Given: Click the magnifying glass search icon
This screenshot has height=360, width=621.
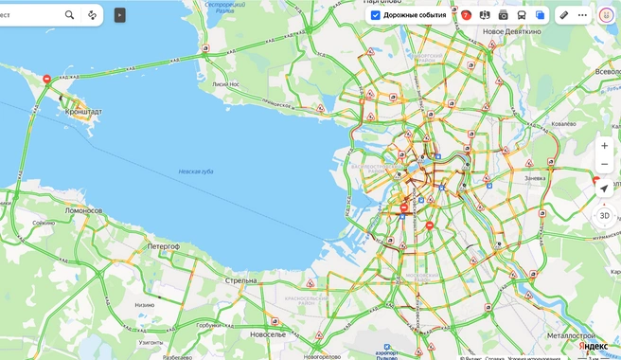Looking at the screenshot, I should pyautogui.click(x=70, y=15).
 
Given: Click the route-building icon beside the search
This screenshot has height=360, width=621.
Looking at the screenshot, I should pyautogui.click(x=92, y=15).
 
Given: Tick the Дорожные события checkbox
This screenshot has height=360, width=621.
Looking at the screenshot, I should pyautogui.click(x=376, y=15).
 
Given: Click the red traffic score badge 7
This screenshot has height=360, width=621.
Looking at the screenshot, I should pyautogui.click(x=466, y=15).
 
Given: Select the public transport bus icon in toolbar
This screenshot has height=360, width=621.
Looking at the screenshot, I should pyautogui.click(x=522, y=15).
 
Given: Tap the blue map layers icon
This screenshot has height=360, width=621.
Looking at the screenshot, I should pyautogui.click(x=541, y=15).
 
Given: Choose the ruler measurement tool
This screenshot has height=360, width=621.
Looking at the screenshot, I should pyautogui.click(x=563, y=15).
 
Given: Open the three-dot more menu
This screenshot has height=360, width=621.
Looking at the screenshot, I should pyautogui.click(x=582, y=15).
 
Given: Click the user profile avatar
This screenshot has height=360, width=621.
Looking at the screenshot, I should pyautogui.click(x=606, y=15).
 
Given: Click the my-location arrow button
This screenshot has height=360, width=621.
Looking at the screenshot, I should pyautogui.click(x=604, y=189).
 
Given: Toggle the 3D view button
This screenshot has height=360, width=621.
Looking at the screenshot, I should pyautogui.click(x=604, y=216).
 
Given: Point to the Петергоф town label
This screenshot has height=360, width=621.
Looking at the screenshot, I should pyautogui.click(x=163, y=245).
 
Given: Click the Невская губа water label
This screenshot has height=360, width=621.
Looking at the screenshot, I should pyautogui.click(x=196, y=171).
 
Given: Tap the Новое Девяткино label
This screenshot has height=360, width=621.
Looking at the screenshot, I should pyautogui.click(x=510, y=31).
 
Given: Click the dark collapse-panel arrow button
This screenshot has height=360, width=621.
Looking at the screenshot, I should pyautogui.click(x=119, y=15).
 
